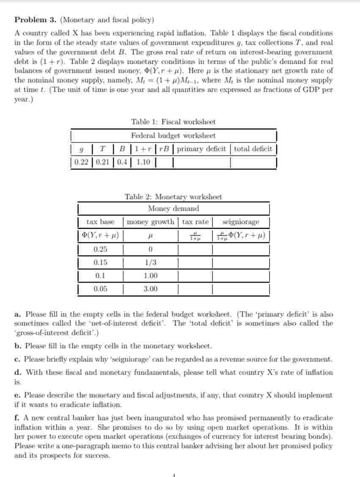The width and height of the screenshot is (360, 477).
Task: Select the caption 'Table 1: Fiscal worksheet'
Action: coord(173,122)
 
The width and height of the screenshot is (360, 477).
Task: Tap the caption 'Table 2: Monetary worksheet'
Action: coord(173,197)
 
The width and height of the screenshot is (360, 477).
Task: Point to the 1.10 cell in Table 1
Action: coord(143,162)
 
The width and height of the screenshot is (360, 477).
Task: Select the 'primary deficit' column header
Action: coord(202,149)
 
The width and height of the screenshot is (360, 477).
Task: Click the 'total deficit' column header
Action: coord(253,149)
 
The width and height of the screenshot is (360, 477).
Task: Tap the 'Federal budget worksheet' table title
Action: coord(173,136)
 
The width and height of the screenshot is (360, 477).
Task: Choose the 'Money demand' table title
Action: coord(173,208)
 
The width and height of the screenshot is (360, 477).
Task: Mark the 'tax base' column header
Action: coord(100,222)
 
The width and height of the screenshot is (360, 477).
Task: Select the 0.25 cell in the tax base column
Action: coord(100,249)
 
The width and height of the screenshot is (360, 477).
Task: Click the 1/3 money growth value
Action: coord(150,262)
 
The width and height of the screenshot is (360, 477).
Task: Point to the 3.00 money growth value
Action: coord(150,289)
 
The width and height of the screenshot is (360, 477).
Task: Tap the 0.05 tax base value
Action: coord(100,289)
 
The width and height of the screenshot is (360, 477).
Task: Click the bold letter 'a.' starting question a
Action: coord(17,314)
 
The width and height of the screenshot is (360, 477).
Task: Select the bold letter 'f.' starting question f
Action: coord(17,417)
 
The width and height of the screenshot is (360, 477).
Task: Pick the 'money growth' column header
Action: coord(150,222)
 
